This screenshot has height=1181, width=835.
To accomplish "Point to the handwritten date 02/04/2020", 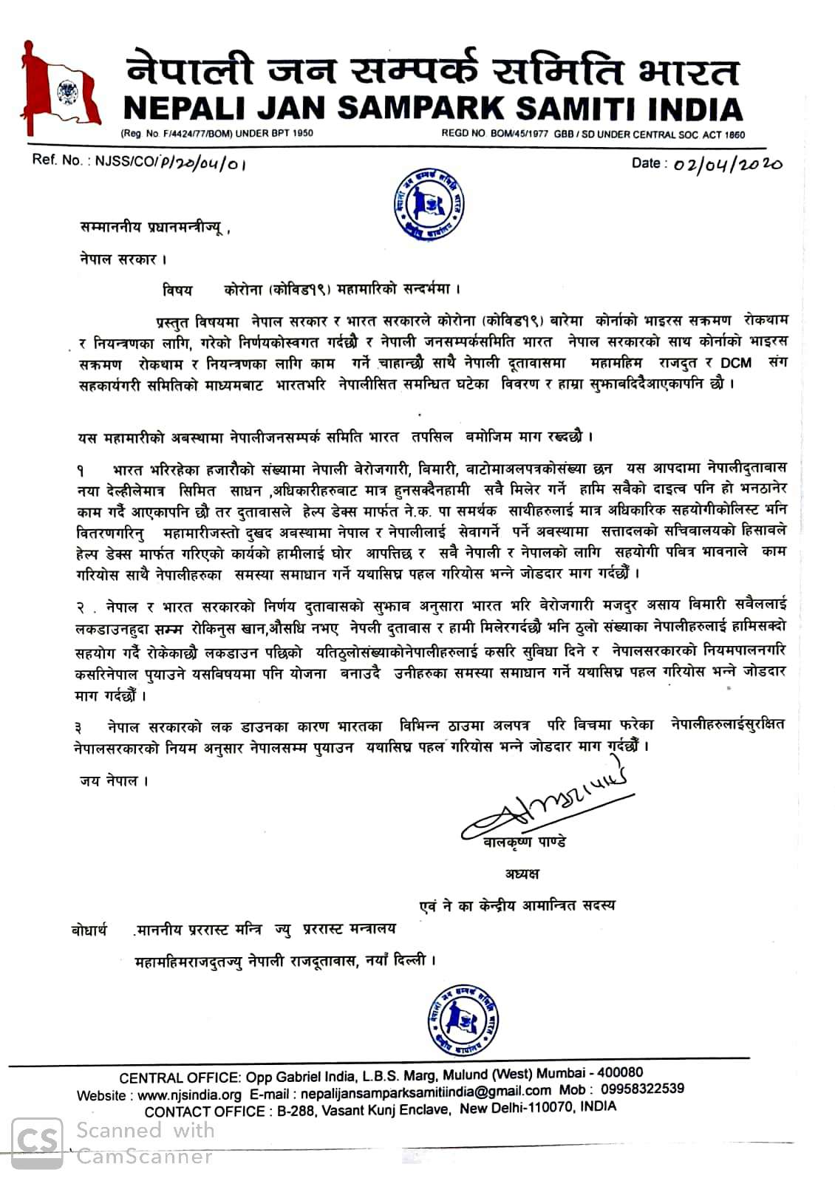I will (x=727, y=163).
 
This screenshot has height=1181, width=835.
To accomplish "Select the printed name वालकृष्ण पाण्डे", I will (x=520, y=842).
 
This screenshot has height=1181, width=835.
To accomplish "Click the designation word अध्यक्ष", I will (x=522, y=874).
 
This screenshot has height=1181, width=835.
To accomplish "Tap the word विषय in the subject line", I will (x=177, y=291).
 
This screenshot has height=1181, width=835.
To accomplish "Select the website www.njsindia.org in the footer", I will (x=190, y=1095).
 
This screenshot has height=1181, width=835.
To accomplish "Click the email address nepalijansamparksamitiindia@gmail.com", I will (x=425, y=1092).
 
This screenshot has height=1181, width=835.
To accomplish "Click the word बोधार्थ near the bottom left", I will (x=86, y=930).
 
